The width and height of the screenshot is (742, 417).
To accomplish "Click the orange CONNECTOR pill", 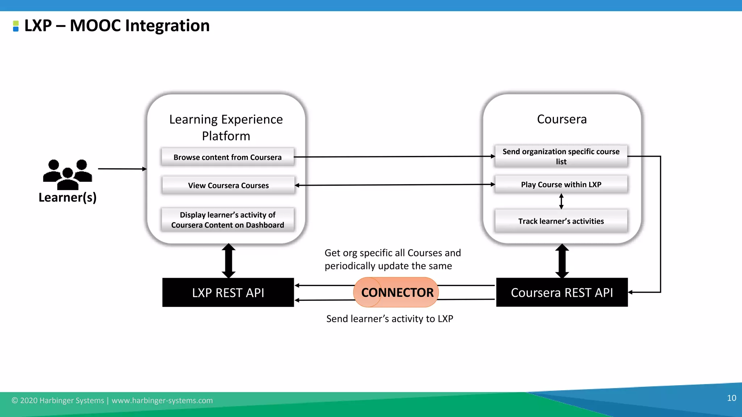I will click(x=396, y=292).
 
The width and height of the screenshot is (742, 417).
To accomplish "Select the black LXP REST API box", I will click(x=228, y=292).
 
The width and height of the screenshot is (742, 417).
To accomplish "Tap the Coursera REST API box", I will click(x=562, y=292).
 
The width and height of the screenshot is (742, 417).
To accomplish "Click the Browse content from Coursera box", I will click(x=228, y=157).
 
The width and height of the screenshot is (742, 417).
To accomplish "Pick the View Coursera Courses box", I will click(x=228, y=185).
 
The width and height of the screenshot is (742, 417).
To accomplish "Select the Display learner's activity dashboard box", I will click(x=228, y=220).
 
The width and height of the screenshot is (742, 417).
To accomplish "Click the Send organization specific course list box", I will click(x=561, y=156).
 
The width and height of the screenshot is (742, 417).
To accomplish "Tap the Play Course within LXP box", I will click(x=561, y=185).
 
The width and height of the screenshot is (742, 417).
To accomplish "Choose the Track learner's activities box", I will click(x=561, y=221).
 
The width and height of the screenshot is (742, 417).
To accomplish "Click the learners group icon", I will click(x=67, y=174).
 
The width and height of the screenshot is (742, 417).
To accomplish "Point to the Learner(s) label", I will click(x=67, y=198).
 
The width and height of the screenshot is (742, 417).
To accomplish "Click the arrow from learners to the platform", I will click(x=122, y=169).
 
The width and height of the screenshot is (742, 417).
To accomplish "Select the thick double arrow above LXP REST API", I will click(x=229, y=261).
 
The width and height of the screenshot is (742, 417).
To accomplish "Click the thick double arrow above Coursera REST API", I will click(x=562, y=261).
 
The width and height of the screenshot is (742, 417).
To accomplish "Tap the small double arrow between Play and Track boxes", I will click(x=561, y=201).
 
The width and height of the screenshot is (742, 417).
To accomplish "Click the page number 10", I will click(x=731, y=398).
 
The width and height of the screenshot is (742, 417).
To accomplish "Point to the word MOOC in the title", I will click(x=95, y=26).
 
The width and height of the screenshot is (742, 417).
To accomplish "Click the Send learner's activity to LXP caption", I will click(x=389, y=319).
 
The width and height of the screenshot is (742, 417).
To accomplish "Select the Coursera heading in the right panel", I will click(x=562, y=119).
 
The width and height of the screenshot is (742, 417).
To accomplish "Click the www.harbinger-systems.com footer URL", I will click(x=162, y=400).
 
